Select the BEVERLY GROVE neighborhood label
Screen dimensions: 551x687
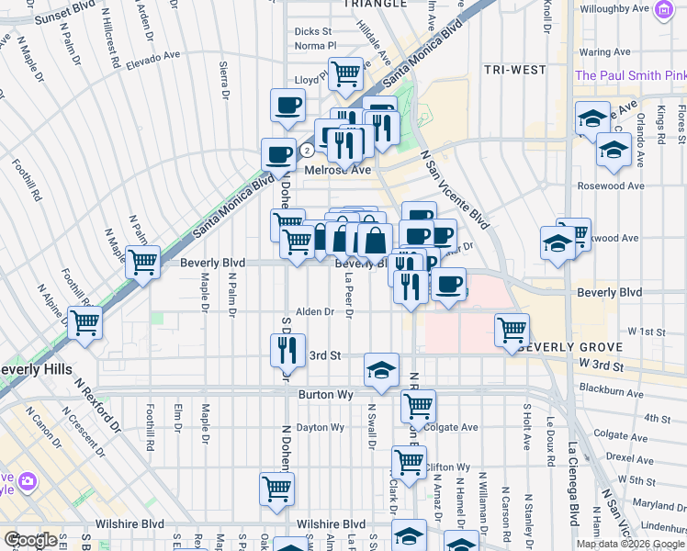click(570, 347)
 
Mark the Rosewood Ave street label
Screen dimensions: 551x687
click(611, 186)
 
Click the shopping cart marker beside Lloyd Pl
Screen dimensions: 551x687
click(345, 73)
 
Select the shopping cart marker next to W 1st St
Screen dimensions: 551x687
click(512, 329)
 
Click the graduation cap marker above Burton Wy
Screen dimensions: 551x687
click(381, 369)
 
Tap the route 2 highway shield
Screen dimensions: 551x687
click(308, 149)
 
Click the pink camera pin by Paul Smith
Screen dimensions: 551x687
click(663, 11)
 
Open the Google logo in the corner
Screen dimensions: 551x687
click(29, 540)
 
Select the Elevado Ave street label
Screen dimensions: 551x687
click(154, 57)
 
